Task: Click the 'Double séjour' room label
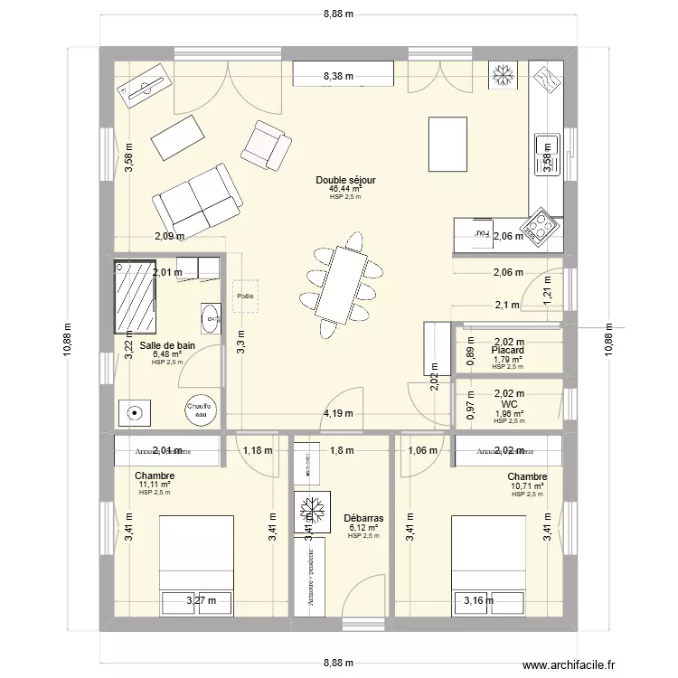pyautogui.click(x=345, y=180)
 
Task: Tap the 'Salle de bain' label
pyautogui.click(x=167, y=345)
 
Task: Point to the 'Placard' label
pyautogui.click(x=508, y=350)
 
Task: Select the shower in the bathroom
pyautogui.click(x=135, y=297)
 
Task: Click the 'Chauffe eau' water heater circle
pyautogui.click(x=199, y=410)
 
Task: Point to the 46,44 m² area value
pyautogui.click(x=345, y=189)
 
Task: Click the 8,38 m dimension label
pyautogui.click(x=339, y=78)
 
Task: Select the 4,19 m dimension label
pyautogui.click(x=338, y=415)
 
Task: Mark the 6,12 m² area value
pyautogui.click(x=363, y=527)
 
